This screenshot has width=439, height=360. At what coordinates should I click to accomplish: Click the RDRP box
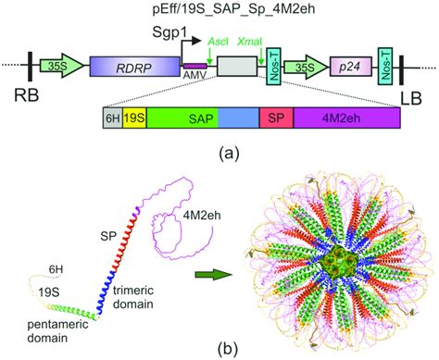pyautogui.click(x=135, y=67)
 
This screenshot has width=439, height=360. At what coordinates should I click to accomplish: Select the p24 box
pyautogui.click(x=351, y=67)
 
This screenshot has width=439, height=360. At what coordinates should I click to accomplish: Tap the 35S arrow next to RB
pyautogui.click(x=62, y=66)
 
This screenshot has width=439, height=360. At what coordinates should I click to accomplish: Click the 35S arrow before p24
pyautogui.click(x=306, y=67)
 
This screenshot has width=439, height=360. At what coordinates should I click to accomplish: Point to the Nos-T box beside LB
pyautogui.click(x=386, y=66)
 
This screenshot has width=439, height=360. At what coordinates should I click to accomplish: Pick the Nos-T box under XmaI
pyautogui.click(x=273, y=66)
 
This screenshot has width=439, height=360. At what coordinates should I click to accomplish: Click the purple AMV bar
pyautogui.click(x=195, y=66)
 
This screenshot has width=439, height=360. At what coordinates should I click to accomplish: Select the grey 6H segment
pyautogui.click(x=113, y=118)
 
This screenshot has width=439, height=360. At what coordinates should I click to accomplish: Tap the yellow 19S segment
pyautogui.click(x=134, y=118)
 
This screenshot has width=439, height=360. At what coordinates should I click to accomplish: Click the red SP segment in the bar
pyautogui.click(x=276, y=118)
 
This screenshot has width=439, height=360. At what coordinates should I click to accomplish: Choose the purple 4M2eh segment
pyautogui.click(x=347, y=118)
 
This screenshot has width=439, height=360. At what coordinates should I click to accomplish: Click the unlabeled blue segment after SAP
pyautogui.click(x=239, y=118)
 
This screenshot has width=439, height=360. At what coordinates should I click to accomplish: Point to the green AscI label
pyautogui.click(x=218, y=42)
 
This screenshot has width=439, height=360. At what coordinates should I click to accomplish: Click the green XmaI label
pyautogui.click(x=250, y=42)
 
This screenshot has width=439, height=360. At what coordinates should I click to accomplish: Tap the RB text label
pyautogui.click(x=27, y=95)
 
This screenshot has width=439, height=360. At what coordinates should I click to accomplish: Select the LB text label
pyautogui.click(x=411, y=98)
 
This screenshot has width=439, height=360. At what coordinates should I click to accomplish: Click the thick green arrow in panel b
pyautogui.click(x=214, y=275)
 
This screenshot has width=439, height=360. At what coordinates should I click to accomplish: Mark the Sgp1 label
pyautogui.click(x=169, y=32)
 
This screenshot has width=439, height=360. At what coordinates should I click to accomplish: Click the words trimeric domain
pyautogui.click(x=133, y=297)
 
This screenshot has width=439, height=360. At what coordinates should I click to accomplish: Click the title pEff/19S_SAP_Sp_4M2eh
pyautogui.click(x=234, y=9)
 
